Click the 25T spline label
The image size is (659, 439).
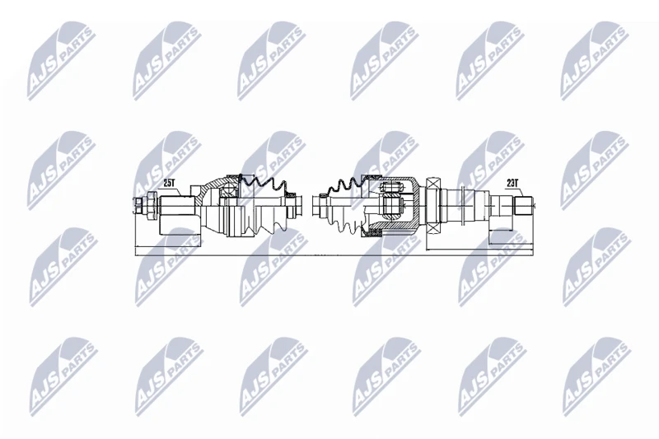(169, 183)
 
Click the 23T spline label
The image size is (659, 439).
(512, 183)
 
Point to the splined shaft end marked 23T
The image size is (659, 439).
(524, 205)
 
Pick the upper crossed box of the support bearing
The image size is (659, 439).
(432, 183)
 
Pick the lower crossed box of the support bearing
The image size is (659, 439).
(432, 228)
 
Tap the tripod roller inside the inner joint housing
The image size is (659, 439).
(390, 205)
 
